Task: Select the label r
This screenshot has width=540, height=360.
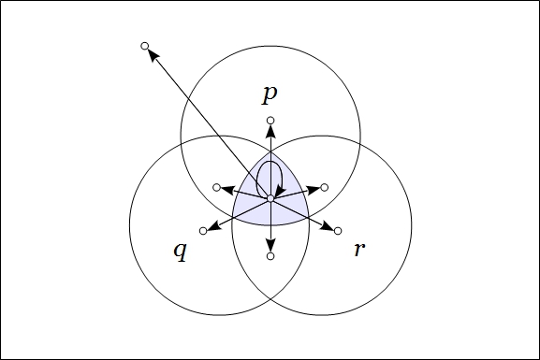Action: [358, 250]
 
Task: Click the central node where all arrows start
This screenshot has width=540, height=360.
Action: [270, 198]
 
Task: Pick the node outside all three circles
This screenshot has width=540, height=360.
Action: [144, 46]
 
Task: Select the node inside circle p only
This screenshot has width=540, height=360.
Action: [270, 121]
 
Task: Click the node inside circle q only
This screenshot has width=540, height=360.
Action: [203, 231]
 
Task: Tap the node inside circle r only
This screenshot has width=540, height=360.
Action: [337, 231]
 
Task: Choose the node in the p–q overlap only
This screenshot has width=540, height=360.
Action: [217, 187]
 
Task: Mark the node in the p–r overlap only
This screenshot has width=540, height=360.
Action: [324, 187]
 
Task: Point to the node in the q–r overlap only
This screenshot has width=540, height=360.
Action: [270, 255]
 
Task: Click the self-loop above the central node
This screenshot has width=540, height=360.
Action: [270, 173]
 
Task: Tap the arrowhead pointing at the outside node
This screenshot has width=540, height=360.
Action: [153, 55]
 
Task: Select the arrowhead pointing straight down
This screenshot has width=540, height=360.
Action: [270, 246]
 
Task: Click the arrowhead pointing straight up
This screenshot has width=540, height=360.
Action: [270, 131]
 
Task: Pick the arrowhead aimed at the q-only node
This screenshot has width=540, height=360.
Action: [212, 226]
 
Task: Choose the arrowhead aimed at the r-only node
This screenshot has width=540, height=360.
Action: [328, 226]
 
